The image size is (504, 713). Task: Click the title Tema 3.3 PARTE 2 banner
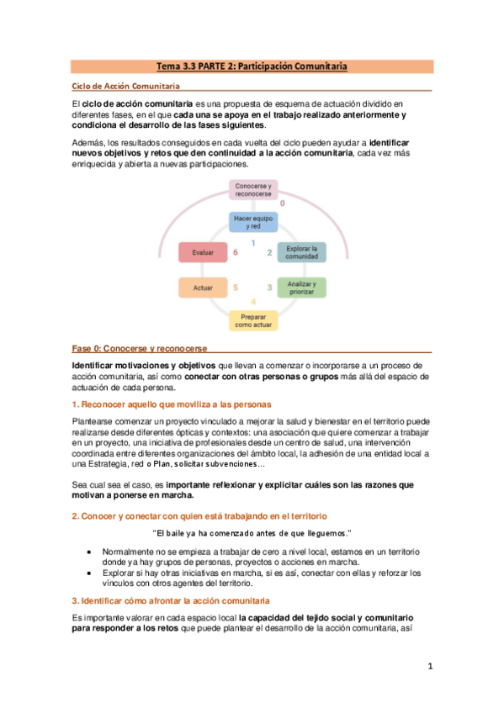click(252, 66)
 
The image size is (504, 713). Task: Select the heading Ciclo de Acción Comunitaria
click(124, 86)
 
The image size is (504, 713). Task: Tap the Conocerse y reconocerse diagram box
click(252, 190)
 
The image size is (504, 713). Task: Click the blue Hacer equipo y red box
click(252, 221)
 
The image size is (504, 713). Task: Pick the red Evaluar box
click(203, 251)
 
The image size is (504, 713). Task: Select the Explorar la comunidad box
click(301, 252)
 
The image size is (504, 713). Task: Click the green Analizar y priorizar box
click(301, 288)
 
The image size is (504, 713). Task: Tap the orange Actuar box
click(203, 288)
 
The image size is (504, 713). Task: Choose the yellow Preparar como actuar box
click(252, 320)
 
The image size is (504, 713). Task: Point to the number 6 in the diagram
click(236, 252)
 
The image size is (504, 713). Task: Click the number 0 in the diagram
click(282, 203)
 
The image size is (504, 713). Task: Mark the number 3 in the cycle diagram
click(269, 288)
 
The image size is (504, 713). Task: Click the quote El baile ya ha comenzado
click(252, 533)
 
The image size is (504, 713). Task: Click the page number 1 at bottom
click(429, 667)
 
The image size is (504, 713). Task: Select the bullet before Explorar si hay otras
click(90, 573)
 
